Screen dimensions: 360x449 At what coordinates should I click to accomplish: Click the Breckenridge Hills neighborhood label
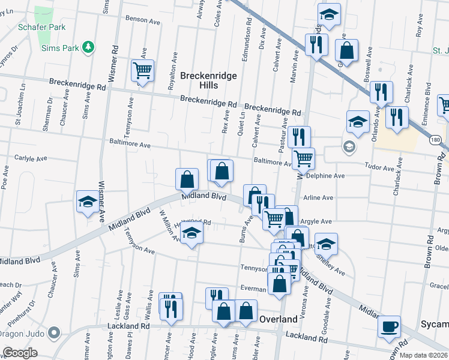[x=208, y=80]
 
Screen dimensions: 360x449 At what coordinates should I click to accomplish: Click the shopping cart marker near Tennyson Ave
[x=142, y=71]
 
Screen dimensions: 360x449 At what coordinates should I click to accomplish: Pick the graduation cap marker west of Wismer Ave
[x=88, y=202]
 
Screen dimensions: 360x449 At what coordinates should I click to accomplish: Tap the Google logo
[x=20, y=352]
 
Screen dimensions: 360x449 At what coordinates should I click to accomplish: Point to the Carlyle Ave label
[x=31, y=159]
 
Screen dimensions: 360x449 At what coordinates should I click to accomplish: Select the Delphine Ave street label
[x=325, y=176]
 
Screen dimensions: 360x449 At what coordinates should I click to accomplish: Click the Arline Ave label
[x=318, y=197]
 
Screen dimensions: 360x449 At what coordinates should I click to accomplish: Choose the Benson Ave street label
[x=143, y=20]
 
